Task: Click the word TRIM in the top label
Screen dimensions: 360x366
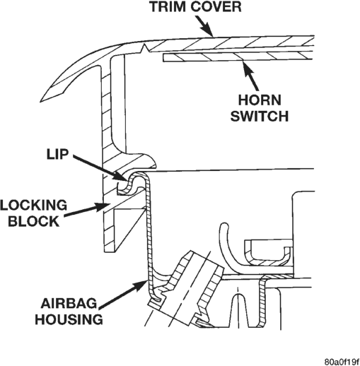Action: [167, 6]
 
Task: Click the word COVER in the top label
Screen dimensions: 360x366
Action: [216, 6]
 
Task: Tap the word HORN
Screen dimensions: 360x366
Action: [260, 100]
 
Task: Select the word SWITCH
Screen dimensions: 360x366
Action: [260, 116]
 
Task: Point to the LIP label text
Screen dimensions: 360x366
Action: [57, 155]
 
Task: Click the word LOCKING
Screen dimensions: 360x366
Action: [33, 205]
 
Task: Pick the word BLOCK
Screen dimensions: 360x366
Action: [33, 221]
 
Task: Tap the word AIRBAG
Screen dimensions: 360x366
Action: [69, 303]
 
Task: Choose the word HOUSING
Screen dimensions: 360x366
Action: [69, 319]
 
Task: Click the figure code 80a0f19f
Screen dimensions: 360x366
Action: [342, 362]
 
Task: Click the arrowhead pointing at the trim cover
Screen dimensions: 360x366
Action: [208, 30]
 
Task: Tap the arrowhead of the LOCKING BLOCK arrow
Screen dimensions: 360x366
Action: [103, 206]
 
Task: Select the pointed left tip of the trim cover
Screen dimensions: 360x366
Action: [41, 101]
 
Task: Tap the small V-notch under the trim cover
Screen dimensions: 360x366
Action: [144, 48]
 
